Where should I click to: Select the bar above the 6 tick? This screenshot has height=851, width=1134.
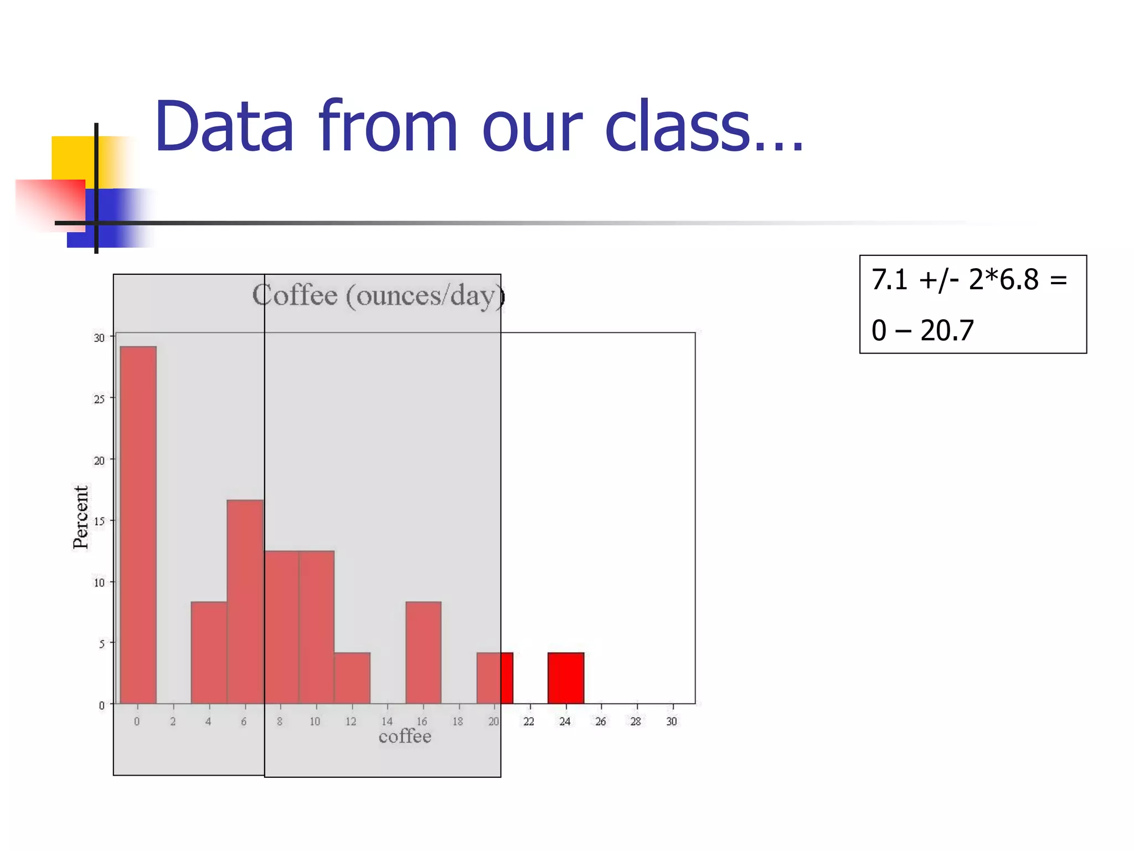(x=245, y=601)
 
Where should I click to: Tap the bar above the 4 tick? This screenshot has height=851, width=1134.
(x=209, y=652)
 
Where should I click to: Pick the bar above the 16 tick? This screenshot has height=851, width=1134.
(x=424, y=652)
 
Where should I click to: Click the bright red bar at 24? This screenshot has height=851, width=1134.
(x=566, y=678)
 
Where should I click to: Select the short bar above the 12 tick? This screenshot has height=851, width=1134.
(x=352, y=678)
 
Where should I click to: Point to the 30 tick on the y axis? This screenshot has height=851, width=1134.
(x=99, y=337)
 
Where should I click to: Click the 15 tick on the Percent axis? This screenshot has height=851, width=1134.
(x=99, y=521)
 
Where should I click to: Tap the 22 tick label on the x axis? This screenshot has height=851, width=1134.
(x=529, y=721)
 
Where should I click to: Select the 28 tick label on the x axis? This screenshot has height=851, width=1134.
(x=636, y=721)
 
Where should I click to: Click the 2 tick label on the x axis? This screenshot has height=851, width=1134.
(x=173, y=721)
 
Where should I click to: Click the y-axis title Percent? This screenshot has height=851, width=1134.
(x=81, y=517)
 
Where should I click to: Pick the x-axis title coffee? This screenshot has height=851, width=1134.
(x=405, y=736)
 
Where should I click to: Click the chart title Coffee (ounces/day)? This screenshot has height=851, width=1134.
(x=378, y=296)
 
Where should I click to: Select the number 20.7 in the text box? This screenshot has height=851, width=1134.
(x=947, y=331)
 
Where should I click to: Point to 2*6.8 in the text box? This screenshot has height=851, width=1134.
(x=1003, y=280)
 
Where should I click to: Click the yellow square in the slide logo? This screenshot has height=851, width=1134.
(x=72, y=157)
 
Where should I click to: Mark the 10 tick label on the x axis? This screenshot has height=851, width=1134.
(x=315, y=721)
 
